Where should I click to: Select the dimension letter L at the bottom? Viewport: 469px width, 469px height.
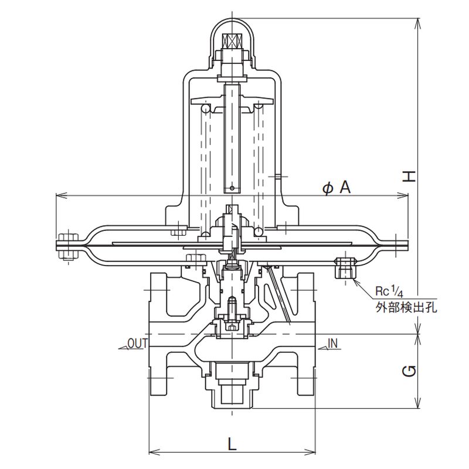(x=232, y=444)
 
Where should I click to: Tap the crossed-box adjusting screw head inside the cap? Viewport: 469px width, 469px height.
(x=232, y=43)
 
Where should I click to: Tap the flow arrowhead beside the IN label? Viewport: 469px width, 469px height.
(x=322, y=347)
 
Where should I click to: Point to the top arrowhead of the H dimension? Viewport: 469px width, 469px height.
(x=419, y=20)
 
